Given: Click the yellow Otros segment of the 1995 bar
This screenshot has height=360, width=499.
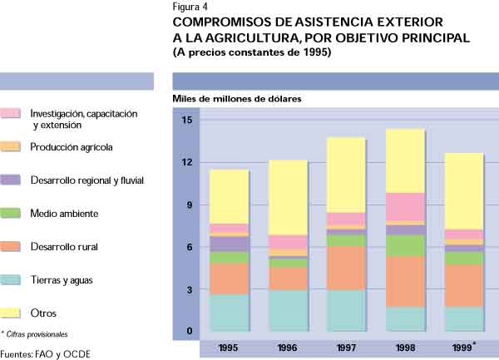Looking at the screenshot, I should (230, 196).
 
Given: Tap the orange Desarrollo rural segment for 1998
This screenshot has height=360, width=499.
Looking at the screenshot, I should (406, 281).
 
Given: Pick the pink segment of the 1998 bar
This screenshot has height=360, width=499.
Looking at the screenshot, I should (406, 206).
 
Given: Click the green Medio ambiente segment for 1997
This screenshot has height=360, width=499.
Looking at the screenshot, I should (347, 239).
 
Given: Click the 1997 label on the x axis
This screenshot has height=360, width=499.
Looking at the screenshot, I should (347, 347).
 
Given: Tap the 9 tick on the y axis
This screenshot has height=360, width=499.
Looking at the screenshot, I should (190, 205).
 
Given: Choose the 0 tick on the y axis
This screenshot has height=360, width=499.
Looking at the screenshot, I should (190, 332).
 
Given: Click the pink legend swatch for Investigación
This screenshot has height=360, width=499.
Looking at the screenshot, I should (11, 113).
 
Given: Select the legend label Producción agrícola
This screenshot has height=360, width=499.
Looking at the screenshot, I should (72, 147).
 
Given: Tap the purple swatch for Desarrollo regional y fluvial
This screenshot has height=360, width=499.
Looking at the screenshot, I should (11, 180).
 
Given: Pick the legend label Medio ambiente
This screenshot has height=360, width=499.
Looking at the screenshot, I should (63, 214).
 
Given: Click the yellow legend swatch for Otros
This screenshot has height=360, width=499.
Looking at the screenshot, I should (11, 313).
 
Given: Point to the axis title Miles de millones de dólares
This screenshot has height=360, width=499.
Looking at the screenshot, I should (237, 98).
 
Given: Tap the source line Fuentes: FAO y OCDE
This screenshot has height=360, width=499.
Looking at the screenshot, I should (46, 353).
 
